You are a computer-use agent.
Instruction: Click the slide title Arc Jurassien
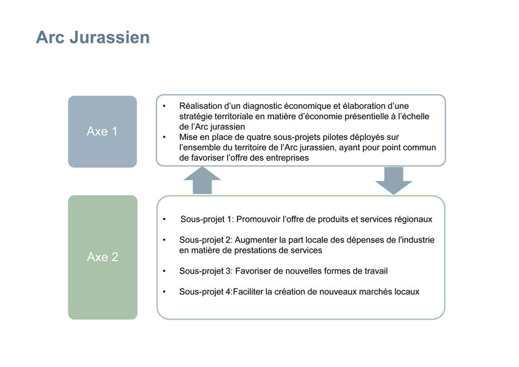(93, 37)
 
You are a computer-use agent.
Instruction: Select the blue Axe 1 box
(103, 132)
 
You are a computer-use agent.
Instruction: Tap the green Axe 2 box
(103, 257)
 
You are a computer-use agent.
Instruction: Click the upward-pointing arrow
(202, 180)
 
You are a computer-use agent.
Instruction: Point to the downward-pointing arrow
(394, 181)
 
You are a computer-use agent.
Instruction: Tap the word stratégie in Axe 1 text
(195, 117)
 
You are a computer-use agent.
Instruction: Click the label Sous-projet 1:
(207, 219)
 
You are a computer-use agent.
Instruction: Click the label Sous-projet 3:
(206, 271)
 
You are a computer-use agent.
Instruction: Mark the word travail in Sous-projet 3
(376, 271)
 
